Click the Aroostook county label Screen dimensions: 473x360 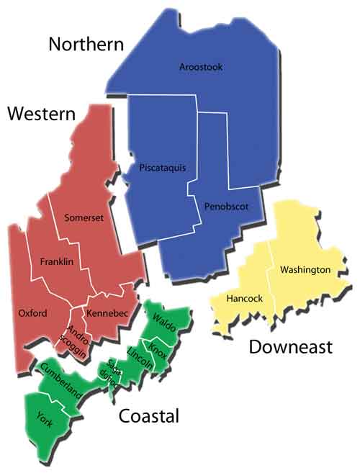201,67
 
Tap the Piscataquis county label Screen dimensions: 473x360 162,168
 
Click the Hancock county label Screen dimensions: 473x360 245,297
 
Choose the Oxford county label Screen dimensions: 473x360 32,313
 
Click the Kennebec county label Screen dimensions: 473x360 107,313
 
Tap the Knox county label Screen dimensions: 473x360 158,349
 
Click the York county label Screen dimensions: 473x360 44,417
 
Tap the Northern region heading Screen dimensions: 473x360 86,45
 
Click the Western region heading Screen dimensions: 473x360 42,113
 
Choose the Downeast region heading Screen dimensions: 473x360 290,347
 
